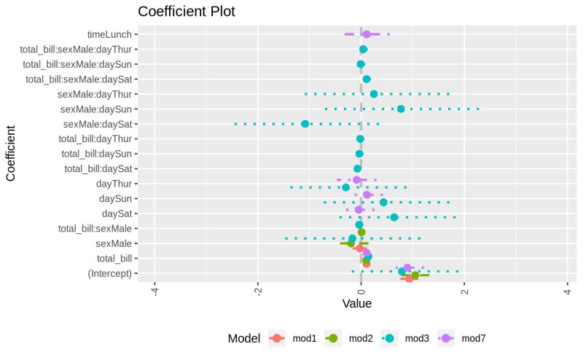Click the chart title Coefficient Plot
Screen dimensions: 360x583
coord(187,12)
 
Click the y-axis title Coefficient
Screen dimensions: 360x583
coord(11,154)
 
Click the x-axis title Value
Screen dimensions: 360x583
coord(357,303)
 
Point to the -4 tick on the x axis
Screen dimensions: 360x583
coord(154,291)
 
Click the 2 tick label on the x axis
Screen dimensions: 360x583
coord(464,291)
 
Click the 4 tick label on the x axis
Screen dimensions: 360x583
coord(568,291)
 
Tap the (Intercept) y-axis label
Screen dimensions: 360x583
coord(109,273)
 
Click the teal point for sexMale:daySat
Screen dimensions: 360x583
coord(305,124)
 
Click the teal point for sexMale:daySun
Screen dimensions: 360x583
coord(401,109)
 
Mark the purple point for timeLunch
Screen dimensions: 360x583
coord(367,34)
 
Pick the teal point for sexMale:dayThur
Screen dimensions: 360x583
coord(374,94)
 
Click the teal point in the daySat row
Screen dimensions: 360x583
coord(394,217)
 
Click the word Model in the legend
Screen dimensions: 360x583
coord(244,338)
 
